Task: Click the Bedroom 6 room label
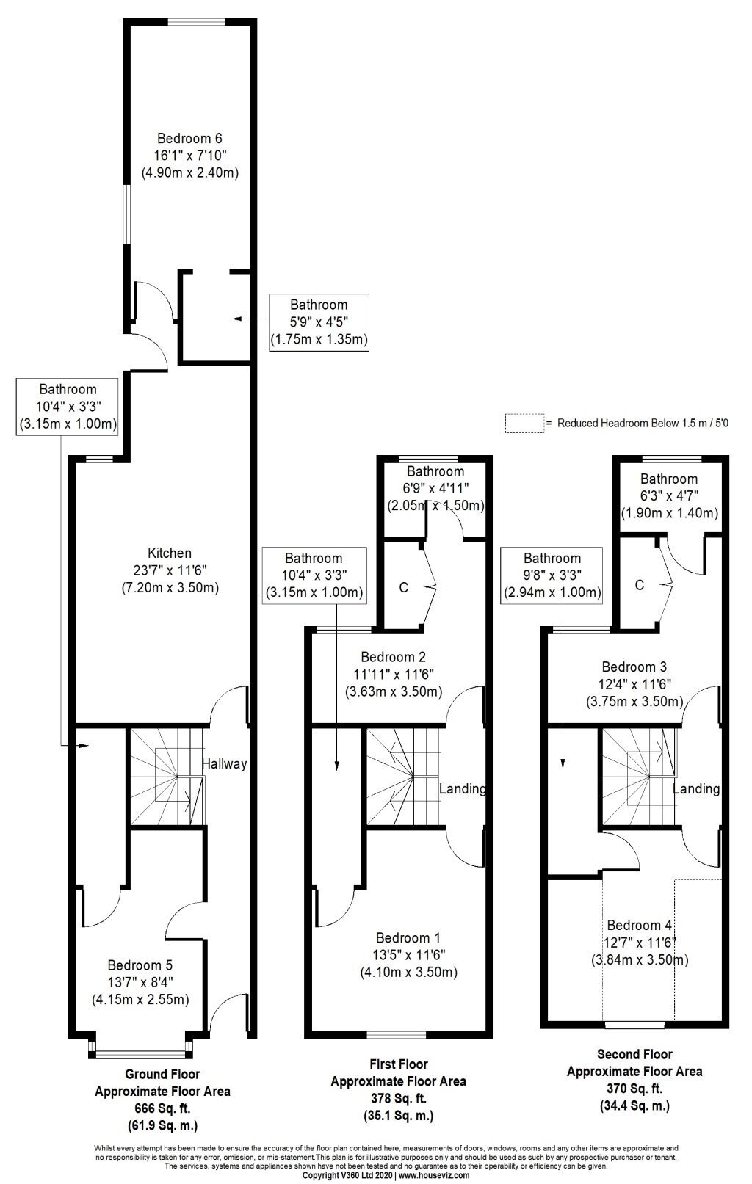[190, 139]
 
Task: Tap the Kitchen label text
[170, 553]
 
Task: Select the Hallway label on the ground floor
[224, 764]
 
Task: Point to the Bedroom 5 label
[140, 965]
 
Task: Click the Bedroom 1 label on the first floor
[408, 937]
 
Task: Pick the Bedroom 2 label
[394, 657]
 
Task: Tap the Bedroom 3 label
[634, 667]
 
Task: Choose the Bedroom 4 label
[640, 925]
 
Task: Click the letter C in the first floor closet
[403, 588]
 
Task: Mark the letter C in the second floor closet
[640, 585]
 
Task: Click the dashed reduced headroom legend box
[524, 424]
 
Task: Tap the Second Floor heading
[634, 1055]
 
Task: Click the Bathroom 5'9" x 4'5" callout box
[319, 322]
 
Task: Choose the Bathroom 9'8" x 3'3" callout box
[552, 575]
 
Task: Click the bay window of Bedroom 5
[140, 1055]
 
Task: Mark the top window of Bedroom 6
[197, 22]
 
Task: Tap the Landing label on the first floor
[463, 789]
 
